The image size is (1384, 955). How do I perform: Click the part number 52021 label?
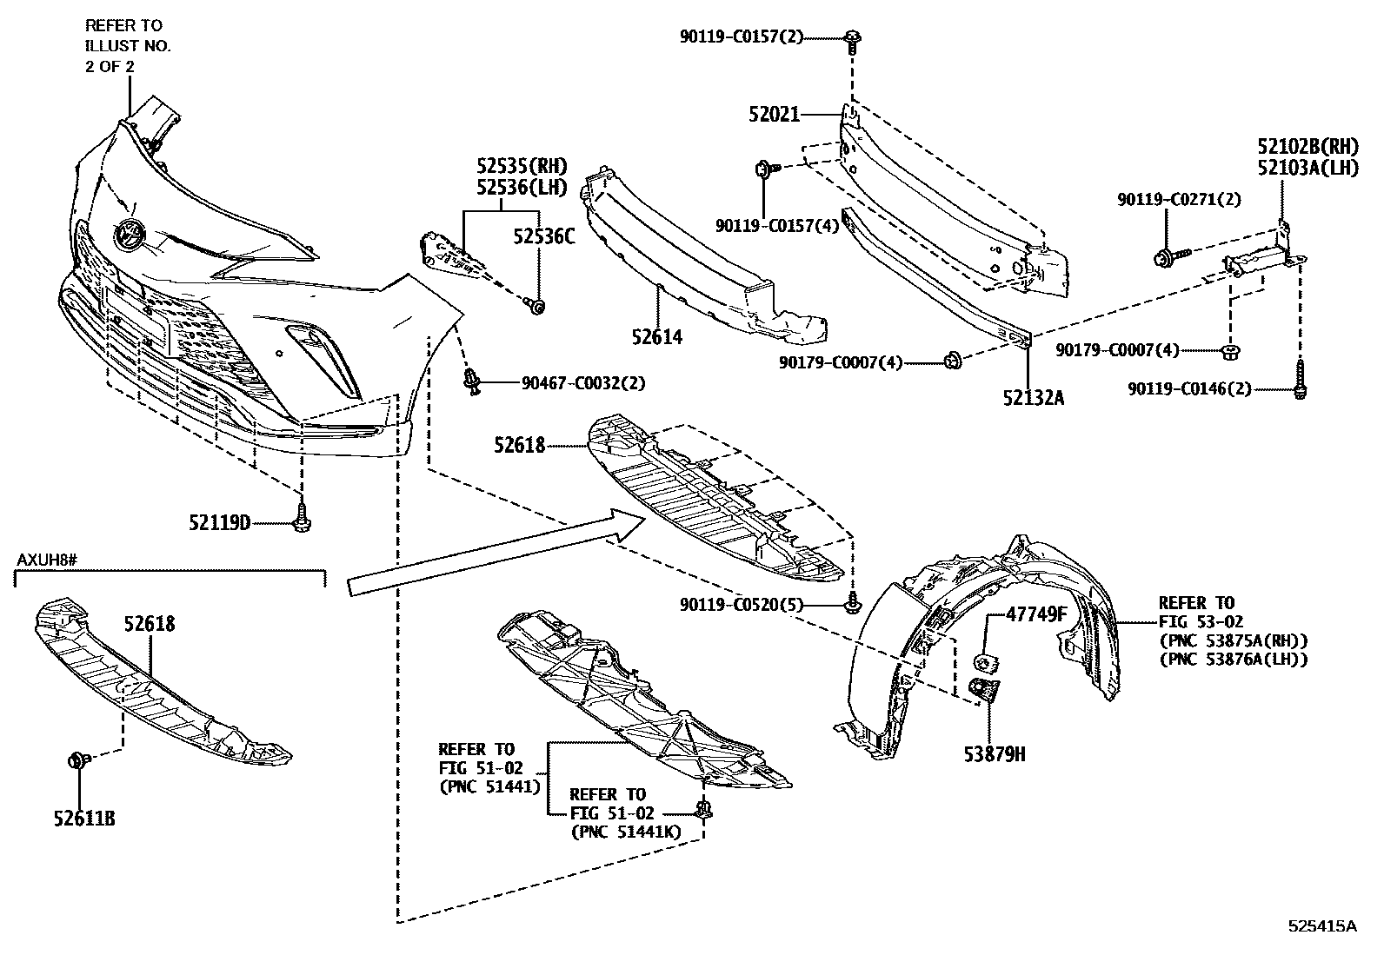[x=774, y=114]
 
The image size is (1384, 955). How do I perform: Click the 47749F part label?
[x=1036, y=614]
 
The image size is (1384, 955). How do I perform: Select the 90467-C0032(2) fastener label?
[x=583, y=381]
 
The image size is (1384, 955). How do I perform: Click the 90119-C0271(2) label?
[x=1180, y=200]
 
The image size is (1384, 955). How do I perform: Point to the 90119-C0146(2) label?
[x=1190, y=389]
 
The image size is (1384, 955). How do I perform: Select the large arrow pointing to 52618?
[x=496, y=552]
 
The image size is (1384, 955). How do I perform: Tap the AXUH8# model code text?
[x=48, y=556]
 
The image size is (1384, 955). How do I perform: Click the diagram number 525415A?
[x=1322, y=926]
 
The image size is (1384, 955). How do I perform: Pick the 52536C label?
[x=543, y=235]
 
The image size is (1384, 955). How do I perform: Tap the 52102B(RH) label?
[x=1307, y=145]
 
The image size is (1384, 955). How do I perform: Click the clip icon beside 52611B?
[x=76, y=761]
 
